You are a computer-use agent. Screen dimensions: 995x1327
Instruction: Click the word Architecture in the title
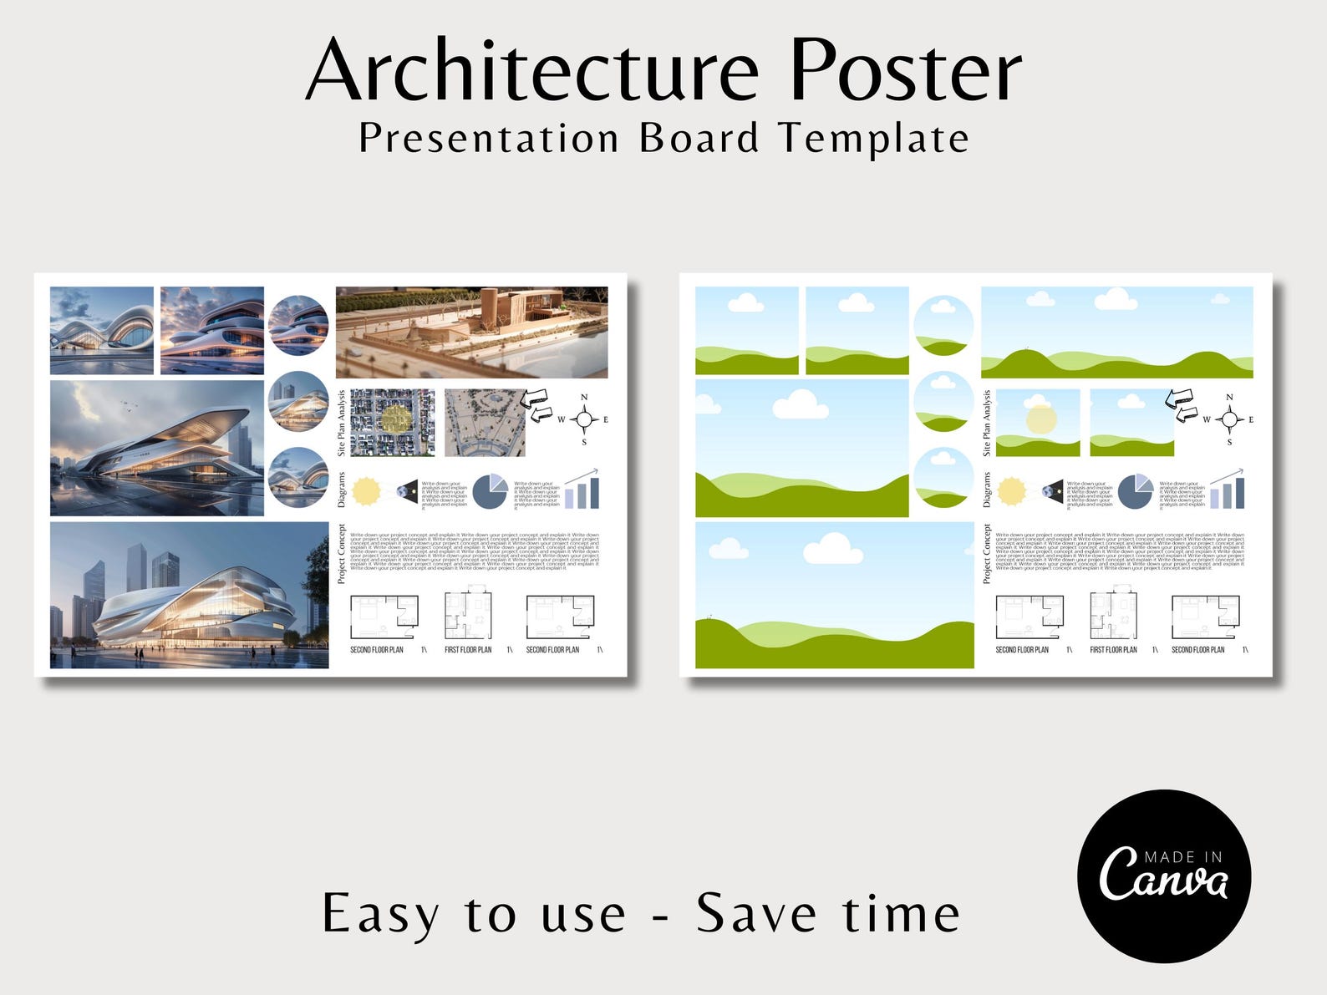(x=532, y=70)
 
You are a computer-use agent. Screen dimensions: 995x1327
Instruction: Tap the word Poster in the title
(x=906, y=70)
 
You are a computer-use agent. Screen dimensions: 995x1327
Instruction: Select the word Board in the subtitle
(x=699, y=138)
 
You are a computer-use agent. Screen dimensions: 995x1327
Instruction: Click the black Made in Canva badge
(x=1163, y=876)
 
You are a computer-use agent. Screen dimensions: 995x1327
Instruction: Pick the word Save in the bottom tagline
(x=756, y=913)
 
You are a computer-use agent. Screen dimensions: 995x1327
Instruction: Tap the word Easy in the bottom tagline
(x=380, y=915)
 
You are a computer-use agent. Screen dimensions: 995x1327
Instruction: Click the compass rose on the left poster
(x=584, y=419)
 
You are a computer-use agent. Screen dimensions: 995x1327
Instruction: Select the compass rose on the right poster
(x=1229, y=419)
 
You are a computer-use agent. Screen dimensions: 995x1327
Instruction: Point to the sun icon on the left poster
(x=366, y=491)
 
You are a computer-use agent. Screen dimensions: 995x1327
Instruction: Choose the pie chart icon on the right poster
(x=1135, y=491)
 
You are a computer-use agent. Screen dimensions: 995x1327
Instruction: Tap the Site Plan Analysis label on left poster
(x=342, y=423)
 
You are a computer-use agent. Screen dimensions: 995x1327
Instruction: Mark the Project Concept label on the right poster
(x=987, y=554)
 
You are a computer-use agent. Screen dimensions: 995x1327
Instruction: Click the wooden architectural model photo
(x=471, y=333)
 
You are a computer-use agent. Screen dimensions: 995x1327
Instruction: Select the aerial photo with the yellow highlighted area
(x=392, y=422)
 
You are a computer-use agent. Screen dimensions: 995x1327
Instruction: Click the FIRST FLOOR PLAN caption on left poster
(x=468, y=649)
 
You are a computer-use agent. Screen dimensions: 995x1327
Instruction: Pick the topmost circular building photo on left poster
(x=298, y=325)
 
